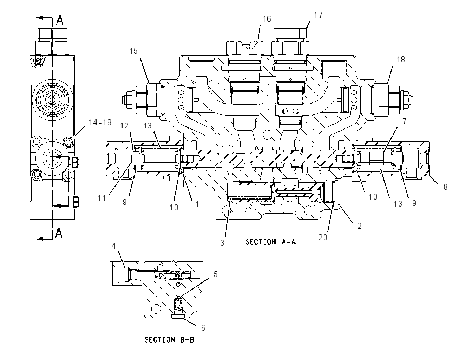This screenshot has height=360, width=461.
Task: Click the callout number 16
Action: pyautogui.click(x=267, y=19)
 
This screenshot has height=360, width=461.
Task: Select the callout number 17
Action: pyautogui.click(x=318, y=15)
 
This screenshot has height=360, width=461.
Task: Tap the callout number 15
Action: pyautogui.click(x=133, y=51)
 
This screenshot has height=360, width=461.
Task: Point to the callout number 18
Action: pyautogui.click(x=401, y=60)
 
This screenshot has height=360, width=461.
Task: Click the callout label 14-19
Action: pyautogui.click(x=100, y=123)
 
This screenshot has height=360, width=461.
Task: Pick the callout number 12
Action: pyautogui.click(x=124, y=126)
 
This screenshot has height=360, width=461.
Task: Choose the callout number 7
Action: pyautogui.click(x=405, y=121)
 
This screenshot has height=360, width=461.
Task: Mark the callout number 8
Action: pyautogui.click(x=446, y=187)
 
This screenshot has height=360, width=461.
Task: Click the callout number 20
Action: pyautogui.click(x=323, y=237)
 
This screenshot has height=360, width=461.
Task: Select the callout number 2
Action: pyautogui.click(x=359, y=226)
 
